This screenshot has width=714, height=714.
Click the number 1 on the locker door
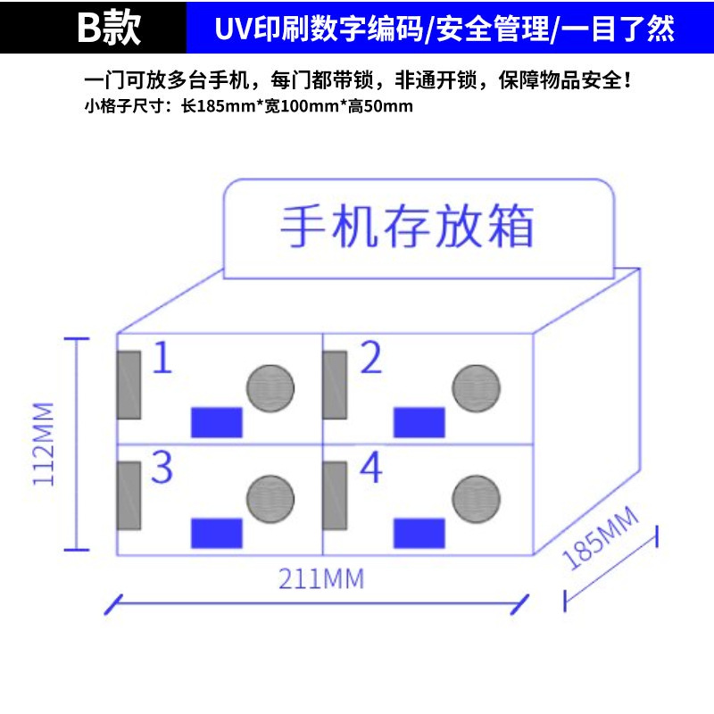(162, 358)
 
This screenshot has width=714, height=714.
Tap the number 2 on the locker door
(371, 358)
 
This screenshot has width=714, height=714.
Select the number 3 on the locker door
(162, 467)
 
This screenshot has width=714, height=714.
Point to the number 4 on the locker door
(371, 467)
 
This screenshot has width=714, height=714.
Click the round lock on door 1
(270, 387)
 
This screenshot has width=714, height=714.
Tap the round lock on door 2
(476, 388)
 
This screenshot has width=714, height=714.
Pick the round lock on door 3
(270, 498)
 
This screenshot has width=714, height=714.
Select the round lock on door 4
(476, 498)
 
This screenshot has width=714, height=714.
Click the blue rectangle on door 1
(218, 422)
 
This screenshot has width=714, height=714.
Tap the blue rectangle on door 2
(419, 422)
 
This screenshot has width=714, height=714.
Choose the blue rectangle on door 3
(217, 533)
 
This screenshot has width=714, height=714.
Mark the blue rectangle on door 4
(419, 533)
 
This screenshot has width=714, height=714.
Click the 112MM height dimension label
(44, 444)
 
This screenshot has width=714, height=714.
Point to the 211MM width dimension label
(321, 579)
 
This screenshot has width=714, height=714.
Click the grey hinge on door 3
(129, 496)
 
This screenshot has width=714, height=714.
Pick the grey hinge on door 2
(335, 385)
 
